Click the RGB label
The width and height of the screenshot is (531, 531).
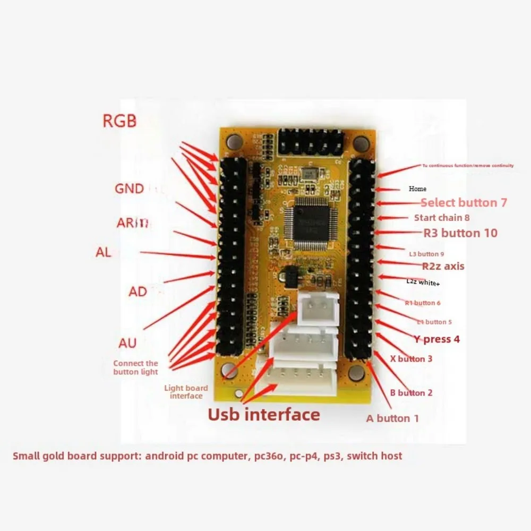tap(119, 121)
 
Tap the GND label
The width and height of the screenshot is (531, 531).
tap(129, 189)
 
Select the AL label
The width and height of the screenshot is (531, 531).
tap(104, 252)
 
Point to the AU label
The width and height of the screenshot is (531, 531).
tap(127, 343)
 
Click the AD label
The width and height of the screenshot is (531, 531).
tap(138, 292)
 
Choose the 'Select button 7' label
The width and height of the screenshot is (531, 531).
tap(464, 202)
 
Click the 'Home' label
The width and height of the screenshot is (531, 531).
tap(417, 189)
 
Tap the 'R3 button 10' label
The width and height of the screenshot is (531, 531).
tap(460, 233)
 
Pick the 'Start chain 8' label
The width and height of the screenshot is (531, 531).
tap(441, 217)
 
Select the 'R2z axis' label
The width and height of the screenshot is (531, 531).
tap(443, 266)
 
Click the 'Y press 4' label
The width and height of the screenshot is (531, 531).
tap(436, 339)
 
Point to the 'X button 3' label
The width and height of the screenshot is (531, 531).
tap(411, 358)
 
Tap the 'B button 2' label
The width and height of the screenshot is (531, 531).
tap(411, 393)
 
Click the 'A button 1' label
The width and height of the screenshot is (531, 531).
tap(392, 418)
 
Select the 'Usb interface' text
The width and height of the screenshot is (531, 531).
tap(263, 414)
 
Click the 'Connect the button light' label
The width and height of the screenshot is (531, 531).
tap(135, 367)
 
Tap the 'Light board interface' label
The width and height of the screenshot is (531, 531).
tap(186, 392)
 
